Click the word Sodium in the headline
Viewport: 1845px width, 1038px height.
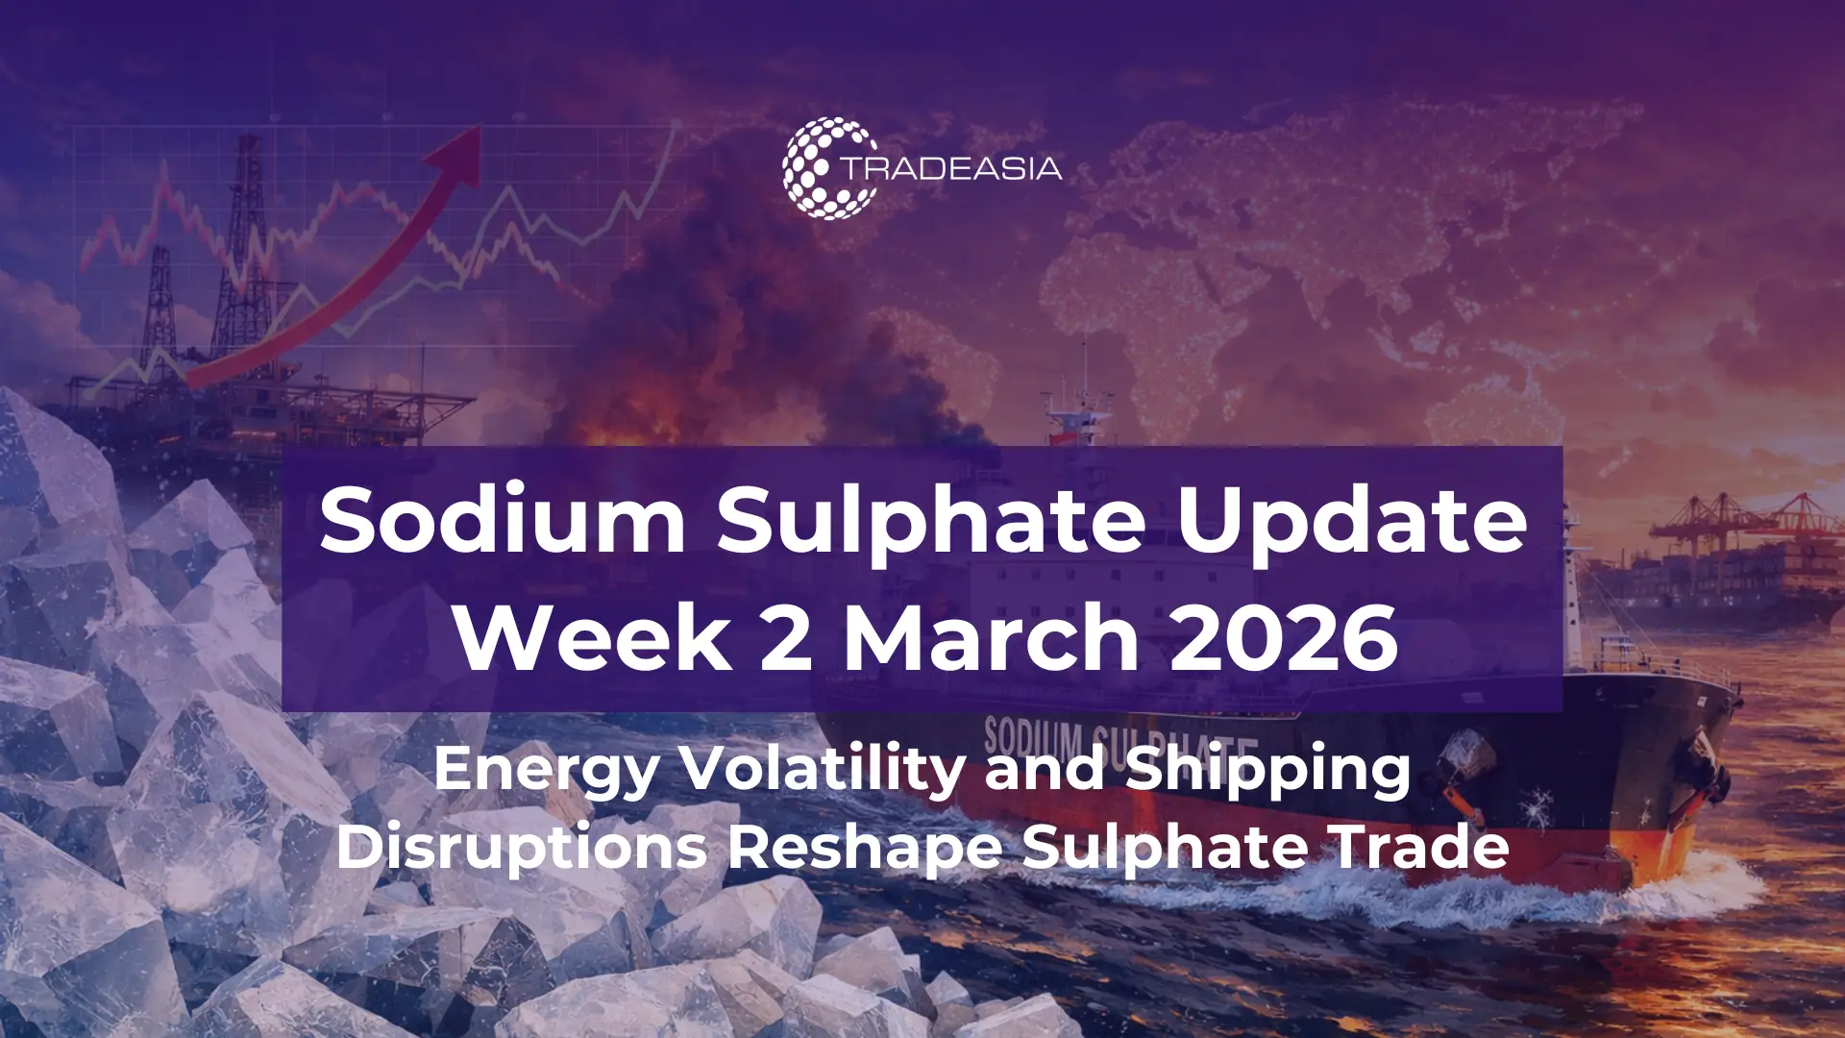(x=503, y=520)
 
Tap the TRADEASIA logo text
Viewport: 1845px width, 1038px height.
(x=952, y=169)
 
